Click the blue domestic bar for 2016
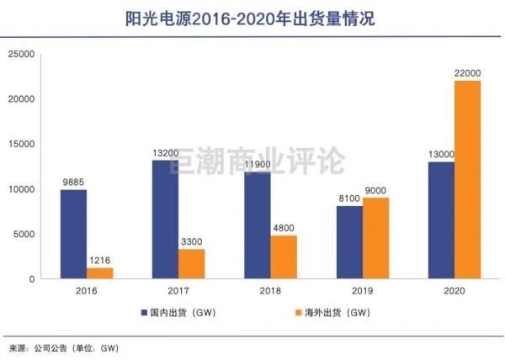click(x=73, y=234)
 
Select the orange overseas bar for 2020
click(x=467, y=179)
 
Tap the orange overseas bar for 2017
click(x=190, y=263)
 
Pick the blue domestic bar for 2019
click(x=349, y=242)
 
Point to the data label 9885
click(x=72, y=182)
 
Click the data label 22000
click(x=466, y=72)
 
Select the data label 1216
click(x=99, y=260)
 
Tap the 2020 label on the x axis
click(x=454, y=291)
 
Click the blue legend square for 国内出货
click(x=144, y=313)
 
